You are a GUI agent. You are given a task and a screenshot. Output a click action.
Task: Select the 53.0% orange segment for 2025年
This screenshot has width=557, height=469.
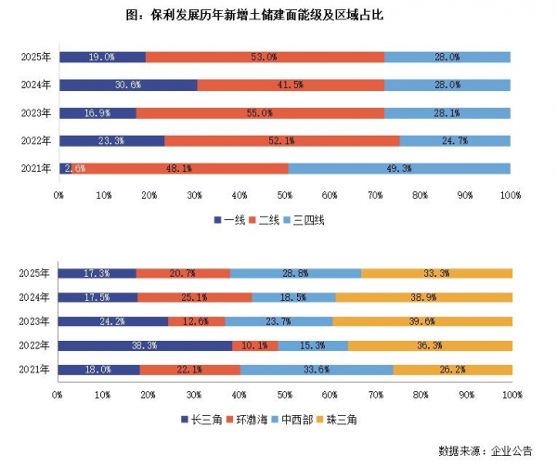[x=265, y=57]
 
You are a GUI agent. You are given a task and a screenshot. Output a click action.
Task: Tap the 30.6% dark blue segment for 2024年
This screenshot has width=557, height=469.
[x=127, y=85]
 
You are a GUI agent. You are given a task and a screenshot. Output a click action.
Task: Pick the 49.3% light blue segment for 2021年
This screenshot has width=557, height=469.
[x=399, y=169]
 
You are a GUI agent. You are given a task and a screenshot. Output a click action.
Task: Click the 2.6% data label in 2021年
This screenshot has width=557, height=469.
[x=75, y=169]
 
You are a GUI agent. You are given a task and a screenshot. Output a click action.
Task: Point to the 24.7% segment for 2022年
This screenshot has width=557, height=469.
[x=455, y=141]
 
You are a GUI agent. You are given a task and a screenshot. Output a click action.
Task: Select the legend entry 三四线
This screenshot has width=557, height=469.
[x=307, y=220]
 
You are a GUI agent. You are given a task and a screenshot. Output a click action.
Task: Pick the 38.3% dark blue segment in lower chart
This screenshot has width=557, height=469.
[x=145, y=345]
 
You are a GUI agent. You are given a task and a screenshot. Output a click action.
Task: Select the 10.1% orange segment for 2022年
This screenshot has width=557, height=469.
[x=254, y=345]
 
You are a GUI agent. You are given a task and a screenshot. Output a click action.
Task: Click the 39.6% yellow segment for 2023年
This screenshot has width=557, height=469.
[x=421, y=321]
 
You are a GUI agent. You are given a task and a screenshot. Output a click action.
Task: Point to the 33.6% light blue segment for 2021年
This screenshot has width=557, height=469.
[x=317, y=370]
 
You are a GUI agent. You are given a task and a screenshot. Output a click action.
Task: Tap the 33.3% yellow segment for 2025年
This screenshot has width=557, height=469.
[x=435, y=273]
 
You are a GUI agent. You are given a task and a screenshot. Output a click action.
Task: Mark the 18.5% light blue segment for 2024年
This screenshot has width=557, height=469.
[x=293, y=297]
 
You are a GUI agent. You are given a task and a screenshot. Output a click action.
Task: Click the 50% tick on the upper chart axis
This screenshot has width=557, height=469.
[x=284, y=195]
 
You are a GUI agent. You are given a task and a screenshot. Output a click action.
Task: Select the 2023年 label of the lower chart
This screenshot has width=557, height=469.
[x=34, y=321]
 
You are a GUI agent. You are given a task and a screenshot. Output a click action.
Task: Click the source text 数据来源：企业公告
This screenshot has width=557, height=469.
[x=486, y=451]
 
